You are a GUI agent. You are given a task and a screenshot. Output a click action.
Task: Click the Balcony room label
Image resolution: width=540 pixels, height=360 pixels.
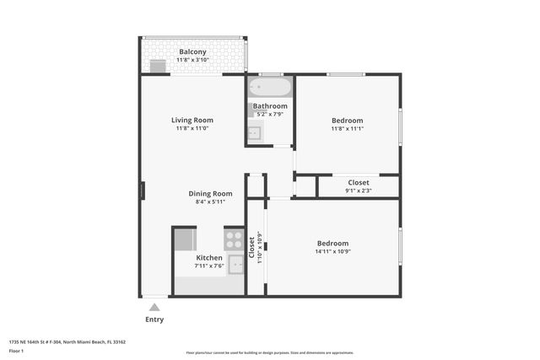click(x=192, y=51)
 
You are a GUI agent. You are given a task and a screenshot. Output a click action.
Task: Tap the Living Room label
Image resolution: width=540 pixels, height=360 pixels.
click(x=192, y=120)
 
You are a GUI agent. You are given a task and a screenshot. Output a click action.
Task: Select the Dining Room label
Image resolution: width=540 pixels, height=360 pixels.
click(x=210, y=193)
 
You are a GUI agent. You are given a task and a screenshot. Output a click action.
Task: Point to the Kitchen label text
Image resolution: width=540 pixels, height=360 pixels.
click(x=209, y=257)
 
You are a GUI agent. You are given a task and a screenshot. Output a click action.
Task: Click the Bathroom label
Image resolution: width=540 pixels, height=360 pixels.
click(x=270, y=106)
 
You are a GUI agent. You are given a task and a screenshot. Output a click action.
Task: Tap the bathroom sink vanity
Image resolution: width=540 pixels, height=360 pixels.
click(x=255, y=132)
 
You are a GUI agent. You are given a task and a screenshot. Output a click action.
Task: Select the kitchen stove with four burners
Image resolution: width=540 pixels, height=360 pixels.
click(x=234, y=239)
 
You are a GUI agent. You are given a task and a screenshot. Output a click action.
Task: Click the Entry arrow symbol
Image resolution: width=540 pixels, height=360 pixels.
click(x=154, y=307)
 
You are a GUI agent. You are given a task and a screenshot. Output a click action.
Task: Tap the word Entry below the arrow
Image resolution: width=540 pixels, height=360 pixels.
click(x=154, y=320)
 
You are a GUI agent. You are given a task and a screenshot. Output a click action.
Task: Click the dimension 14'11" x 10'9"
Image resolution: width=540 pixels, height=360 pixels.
click(x=332, y=251)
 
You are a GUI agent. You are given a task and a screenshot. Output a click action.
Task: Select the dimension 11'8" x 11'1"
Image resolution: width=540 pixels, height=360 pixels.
click(x=347, y=130)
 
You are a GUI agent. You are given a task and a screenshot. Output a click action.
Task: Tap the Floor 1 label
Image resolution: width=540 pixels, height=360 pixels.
click(x=17, y=350)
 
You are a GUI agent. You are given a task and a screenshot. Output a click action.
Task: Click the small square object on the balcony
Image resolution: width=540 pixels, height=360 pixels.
click(x=158, y=67)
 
